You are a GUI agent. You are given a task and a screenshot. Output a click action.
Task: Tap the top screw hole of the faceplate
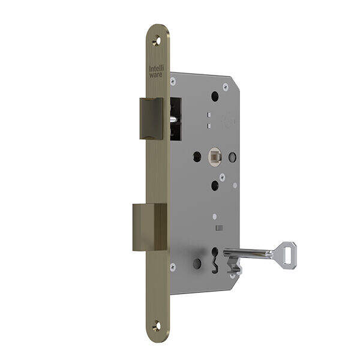(x=157, y=41)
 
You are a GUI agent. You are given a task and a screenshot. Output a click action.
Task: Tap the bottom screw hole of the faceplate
(x=157, y=326)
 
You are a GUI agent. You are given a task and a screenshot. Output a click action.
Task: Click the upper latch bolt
(x=151, y=118)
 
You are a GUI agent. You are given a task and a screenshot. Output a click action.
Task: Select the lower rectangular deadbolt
(x=149, y=227)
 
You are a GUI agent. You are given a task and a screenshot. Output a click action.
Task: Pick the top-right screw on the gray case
(x=226, y=87)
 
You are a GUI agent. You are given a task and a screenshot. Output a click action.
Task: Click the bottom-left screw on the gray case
(x=173, y=266)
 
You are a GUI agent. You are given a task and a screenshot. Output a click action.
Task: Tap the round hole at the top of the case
(x=215, y=96)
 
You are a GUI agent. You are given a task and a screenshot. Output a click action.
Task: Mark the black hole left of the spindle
(x=197, y=157)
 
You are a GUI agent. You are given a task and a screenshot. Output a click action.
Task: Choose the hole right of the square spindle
(x=232, y=157)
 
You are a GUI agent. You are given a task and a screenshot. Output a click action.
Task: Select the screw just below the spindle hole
(x=222, y=176)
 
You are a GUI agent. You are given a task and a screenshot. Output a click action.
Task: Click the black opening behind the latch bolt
(x=175, y=119)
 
